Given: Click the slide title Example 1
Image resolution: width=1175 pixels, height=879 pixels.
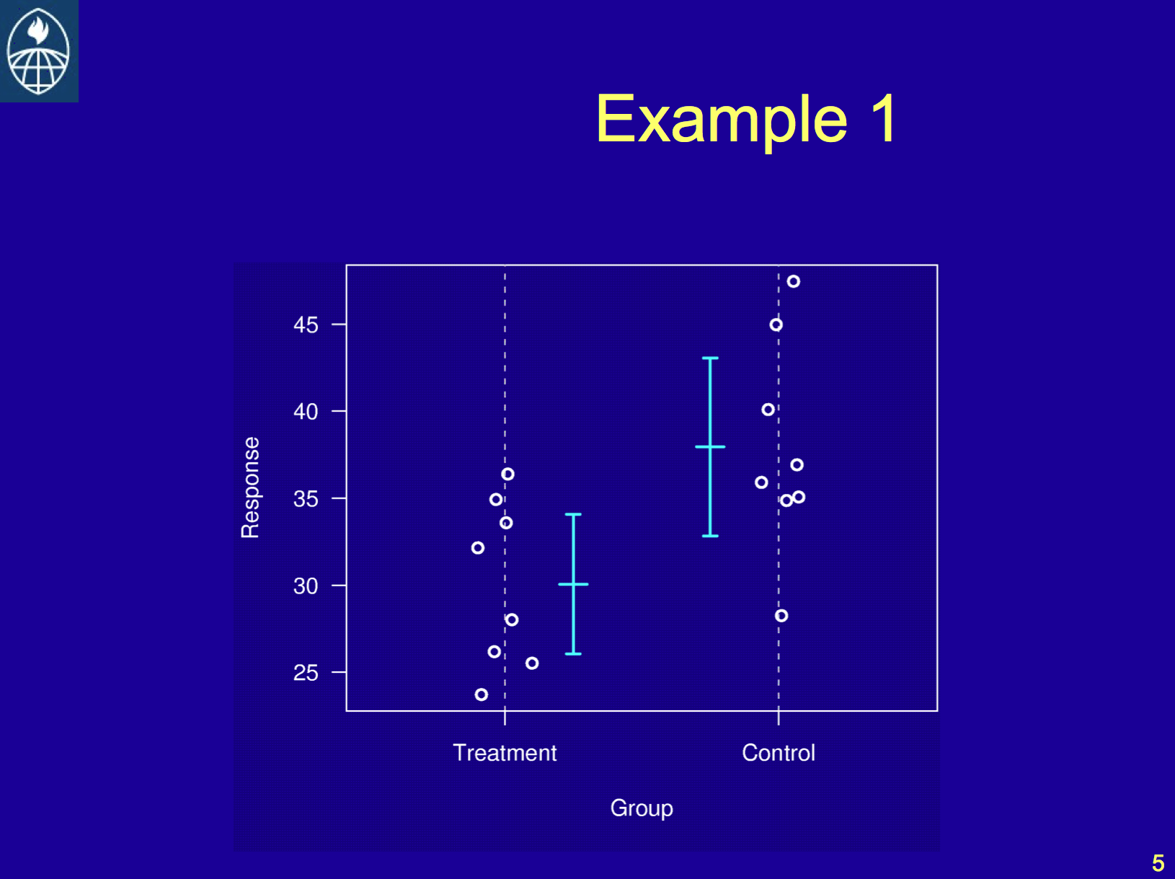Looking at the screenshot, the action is (745, 119).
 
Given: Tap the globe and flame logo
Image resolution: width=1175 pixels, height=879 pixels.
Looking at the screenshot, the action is (38, 50).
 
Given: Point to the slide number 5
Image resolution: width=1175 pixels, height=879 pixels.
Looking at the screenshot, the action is (1158, 863).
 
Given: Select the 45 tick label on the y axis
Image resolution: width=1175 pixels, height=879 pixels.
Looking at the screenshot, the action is (306, 325).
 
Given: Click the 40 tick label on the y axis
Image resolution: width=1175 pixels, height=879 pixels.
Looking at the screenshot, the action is (306, 412).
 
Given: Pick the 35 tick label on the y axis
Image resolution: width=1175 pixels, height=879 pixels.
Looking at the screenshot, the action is (306, 499).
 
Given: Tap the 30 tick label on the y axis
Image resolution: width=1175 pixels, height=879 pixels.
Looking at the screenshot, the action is (306, 586).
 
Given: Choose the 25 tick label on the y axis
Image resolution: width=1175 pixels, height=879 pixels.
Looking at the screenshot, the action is (306, 673).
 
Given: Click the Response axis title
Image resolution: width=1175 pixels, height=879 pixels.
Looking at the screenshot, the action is (250, 487).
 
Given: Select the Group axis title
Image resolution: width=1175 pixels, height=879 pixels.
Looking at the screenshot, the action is (642, 808).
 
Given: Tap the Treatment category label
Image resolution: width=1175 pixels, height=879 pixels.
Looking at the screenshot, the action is (505, 753).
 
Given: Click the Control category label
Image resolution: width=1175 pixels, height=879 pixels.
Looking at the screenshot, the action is (779, 753).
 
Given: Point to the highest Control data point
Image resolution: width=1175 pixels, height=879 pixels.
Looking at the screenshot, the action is (794, 281).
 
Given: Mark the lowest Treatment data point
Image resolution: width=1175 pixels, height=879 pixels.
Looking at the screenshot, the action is (482, 694).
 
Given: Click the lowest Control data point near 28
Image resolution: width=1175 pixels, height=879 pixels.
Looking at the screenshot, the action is (781, 616).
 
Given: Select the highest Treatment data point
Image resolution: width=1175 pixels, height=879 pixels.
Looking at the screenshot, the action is (508, 474).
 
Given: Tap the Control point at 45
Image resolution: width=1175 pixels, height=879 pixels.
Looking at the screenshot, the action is (776, 325).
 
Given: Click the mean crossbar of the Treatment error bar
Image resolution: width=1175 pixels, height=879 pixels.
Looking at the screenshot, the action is (573, 584).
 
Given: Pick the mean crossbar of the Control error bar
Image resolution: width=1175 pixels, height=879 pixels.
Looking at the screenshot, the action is (710, 446).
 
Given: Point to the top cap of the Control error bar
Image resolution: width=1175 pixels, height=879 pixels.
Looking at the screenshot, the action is (710, 358).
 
